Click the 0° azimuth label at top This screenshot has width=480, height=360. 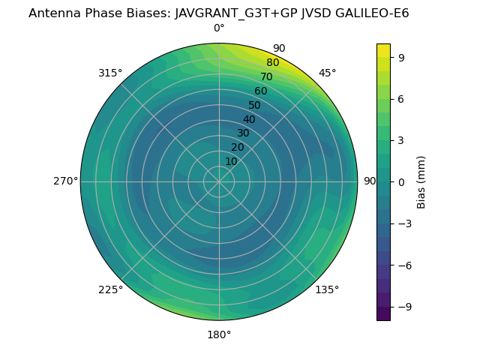(219, 28)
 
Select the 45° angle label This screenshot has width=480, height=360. (328, 73)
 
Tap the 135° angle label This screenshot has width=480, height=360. (327, 289)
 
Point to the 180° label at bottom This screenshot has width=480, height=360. (219, 334)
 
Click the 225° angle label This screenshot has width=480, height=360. (110, 289)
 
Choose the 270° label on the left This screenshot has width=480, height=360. (65, 181)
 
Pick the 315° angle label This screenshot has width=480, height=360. (110, 73)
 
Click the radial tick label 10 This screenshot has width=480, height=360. (231, 161)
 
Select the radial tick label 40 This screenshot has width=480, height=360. (249, 119)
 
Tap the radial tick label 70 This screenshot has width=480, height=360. (266, 76)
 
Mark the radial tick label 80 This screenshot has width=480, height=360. (272, 62)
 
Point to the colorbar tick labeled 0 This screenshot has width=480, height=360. (402, 182)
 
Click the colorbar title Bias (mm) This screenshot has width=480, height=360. (421, 181)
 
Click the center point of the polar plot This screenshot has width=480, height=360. (219, 181)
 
